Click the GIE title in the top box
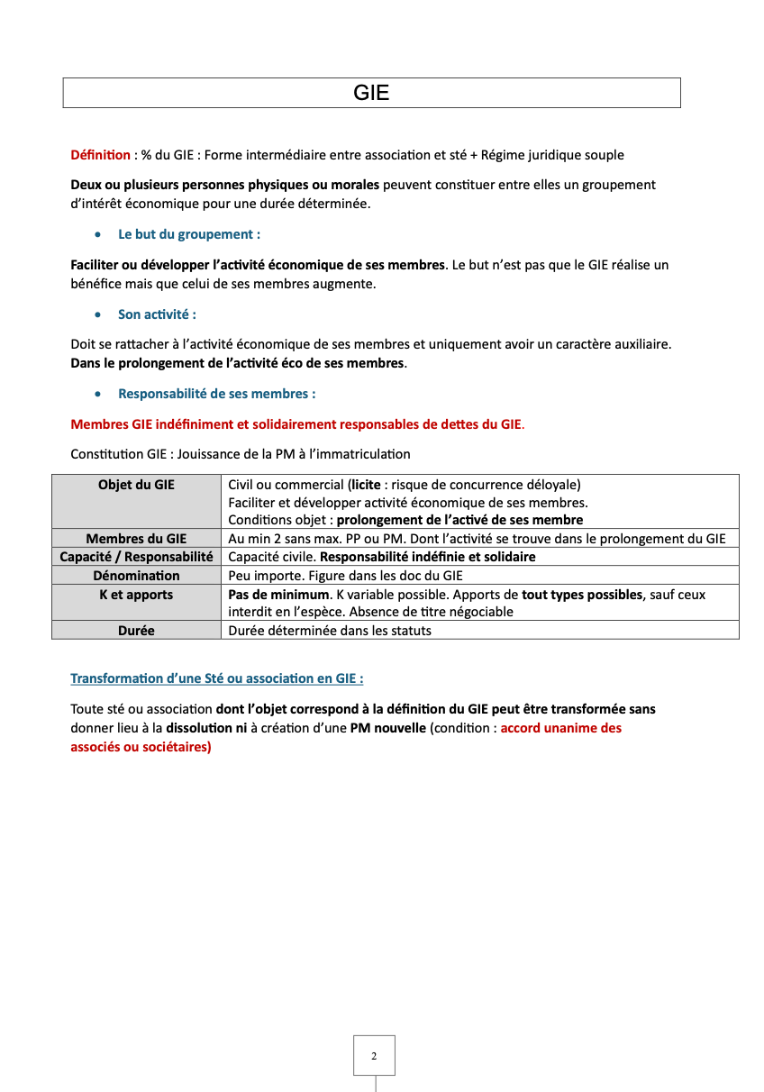coord(371,93)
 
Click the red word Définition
coord(100,155)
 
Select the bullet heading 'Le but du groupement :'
coord(189,234)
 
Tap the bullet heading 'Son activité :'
coord(157,314)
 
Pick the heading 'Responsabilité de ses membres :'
coord(216,394)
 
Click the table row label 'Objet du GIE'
coord(136,485)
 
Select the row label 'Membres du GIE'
coord(136,539)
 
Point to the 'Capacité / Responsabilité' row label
coord(136,557)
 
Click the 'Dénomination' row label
coord(136,576)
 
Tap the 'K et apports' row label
coord(136,595)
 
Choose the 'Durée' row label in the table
coord(136,631)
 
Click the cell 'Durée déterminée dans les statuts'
coord(330,631)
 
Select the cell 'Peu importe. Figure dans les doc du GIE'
coord(345,576)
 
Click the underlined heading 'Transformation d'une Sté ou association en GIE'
coord(216,678)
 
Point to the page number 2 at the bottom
coord(374,1056)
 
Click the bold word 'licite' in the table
coord(367,485)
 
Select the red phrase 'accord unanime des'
coord(560,728)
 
